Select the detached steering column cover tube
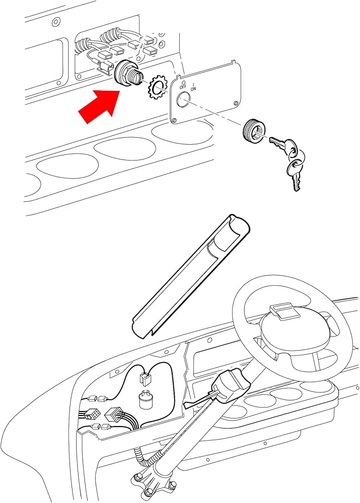pos(191,274)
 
